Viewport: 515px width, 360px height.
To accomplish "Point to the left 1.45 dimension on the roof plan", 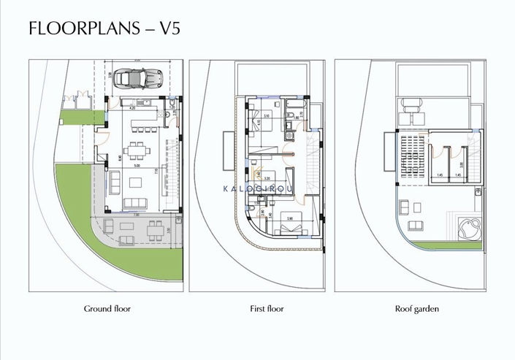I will point(438,175).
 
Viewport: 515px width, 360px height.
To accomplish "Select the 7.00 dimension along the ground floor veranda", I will point(135,215).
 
